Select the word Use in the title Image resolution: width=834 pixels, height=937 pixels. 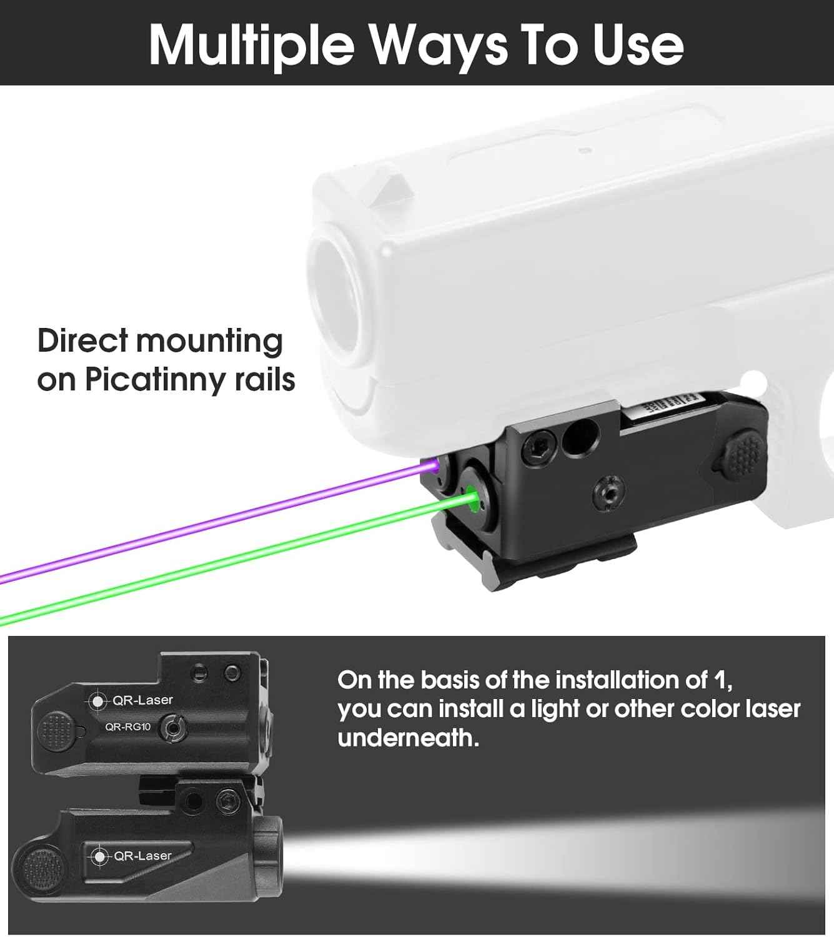638,45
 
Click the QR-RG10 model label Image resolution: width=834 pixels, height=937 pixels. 127,726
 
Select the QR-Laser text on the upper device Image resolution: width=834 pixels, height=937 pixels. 142,700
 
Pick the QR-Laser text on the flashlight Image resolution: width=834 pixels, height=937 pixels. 142,855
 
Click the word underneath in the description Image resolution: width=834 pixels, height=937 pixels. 408,738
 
